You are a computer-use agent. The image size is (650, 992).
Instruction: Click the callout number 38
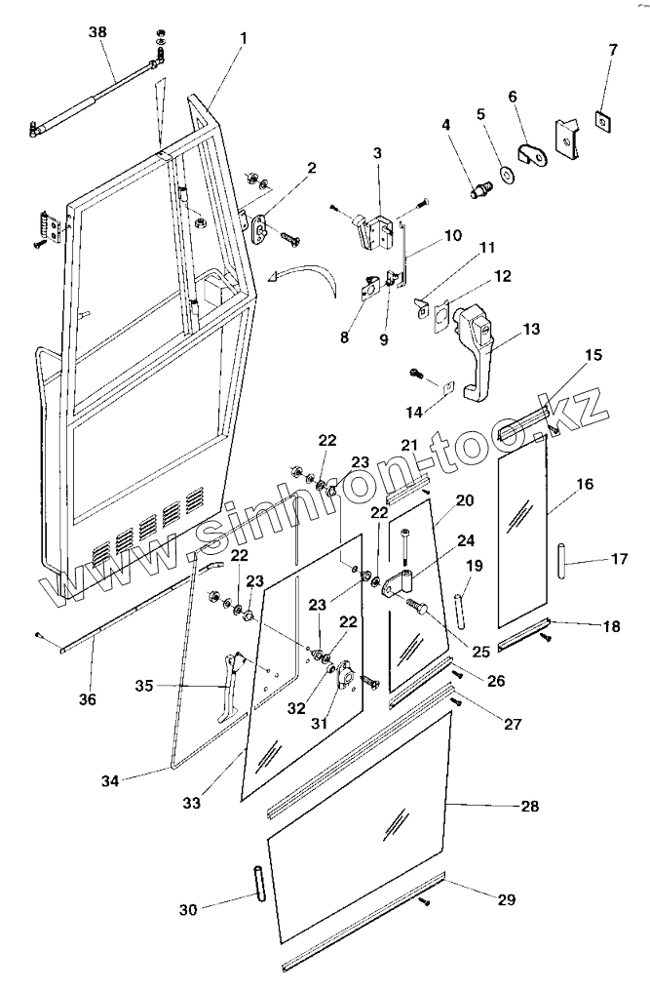[97, 32]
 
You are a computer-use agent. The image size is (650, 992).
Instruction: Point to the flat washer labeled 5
[508, 175]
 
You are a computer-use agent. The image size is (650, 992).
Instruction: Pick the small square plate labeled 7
[605, 120]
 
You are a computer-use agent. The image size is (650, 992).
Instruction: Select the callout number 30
[188, 909]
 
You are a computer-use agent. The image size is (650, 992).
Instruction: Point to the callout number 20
[464, 500]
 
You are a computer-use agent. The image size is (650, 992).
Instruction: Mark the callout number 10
[453, 235]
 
